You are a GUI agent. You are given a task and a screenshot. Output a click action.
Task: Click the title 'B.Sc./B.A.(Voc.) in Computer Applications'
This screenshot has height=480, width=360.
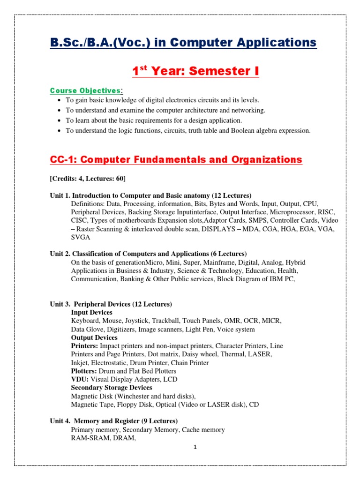point(183,43)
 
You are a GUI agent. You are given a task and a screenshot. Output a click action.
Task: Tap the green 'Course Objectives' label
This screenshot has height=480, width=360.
point(85,90)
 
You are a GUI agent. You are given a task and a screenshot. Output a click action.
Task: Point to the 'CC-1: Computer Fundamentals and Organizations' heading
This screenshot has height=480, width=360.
point(176,160)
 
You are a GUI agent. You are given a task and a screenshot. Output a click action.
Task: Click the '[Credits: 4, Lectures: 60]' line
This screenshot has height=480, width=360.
point(88,179)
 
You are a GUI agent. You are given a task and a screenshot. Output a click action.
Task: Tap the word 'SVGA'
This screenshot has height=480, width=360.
point(81,237)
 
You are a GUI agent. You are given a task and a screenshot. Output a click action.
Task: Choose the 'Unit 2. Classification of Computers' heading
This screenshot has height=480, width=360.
point(148,254)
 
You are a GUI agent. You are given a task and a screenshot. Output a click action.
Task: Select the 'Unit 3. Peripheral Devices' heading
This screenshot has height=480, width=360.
point(111,304)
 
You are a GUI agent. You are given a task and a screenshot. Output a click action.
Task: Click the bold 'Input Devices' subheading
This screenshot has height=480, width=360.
point(91,312)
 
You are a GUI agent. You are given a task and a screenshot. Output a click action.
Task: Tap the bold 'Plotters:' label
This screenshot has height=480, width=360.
point(84,371)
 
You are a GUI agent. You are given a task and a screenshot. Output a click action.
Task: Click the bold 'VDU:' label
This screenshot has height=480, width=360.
point(80,379)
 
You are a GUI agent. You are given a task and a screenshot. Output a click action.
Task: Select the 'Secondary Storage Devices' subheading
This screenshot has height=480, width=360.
point(111,388)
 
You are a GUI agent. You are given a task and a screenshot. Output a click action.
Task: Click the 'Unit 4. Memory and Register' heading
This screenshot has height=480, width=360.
point(114,421)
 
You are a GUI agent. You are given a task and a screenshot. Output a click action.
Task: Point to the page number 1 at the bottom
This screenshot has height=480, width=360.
point(195,447)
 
